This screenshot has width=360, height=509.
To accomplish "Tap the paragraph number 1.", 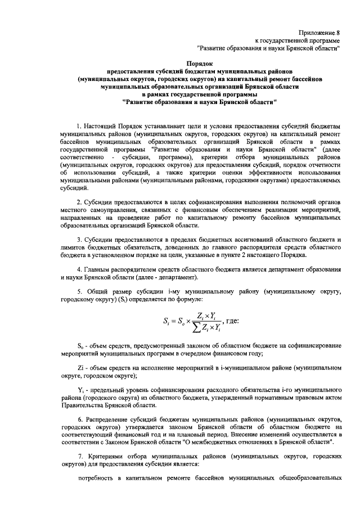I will coord(80,123).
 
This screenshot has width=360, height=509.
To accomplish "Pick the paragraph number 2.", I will coord(80,201).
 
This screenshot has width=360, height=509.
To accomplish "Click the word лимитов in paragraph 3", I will coord(75,248).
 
